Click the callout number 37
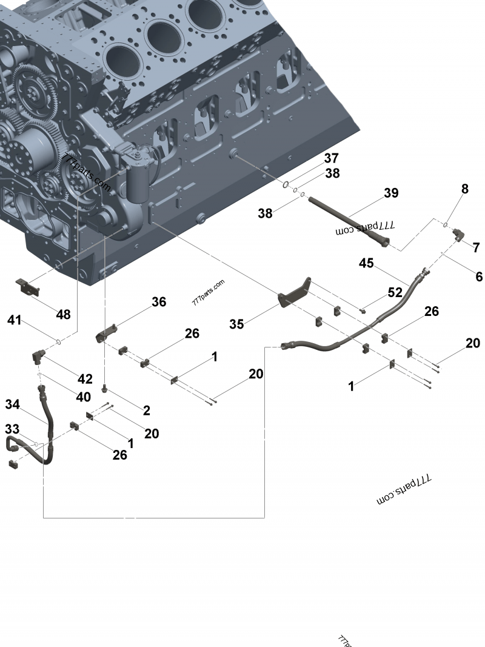pyautogui.click(x=330, y=159)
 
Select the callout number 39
pyautogui.click(x=391, y=193)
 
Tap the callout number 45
pyautogui.click(x=366, y=263)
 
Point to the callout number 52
pyautogui.click(x=395, y=292)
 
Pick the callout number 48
pyautogui.click(x=63, y=315)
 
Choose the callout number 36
pyautogui.click(x=158, y=302)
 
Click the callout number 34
pyautogui.click(x=13, y=404)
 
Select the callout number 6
pyautogui.click(x=478, y=277)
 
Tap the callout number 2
pyautogui.click(x=146, y=411)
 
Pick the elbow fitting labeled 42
pyautogui.click(x=36, y=358)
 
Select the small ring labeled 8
pyautogui.click(x=446, y=224)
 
